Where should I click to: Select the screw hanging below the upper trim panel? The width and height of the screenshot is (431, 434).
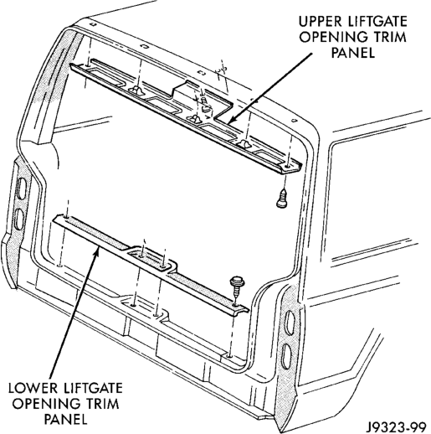282,199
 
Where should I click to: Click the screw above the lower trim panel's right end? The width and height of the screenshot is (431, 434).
236,287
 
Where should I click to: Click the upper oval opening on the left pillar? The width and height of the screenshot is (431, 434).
21,189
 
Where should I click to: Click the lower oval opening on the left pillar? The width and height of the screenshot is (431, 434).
19,219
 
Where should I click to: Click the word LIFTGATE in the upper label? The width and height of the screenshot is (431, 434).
373,22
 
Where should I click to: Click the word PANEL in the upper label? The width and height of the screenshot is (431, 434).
353,53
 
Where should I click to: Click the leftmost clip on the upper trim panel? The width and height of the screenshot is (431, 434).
136,90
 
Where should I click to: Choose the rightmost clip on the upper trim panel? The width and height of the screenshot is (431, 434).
244,143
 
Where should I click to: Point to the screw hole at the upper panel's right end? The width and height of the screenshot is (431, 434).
287,167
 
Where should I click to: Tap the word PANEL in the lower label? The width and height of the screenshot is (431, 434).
66,419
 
